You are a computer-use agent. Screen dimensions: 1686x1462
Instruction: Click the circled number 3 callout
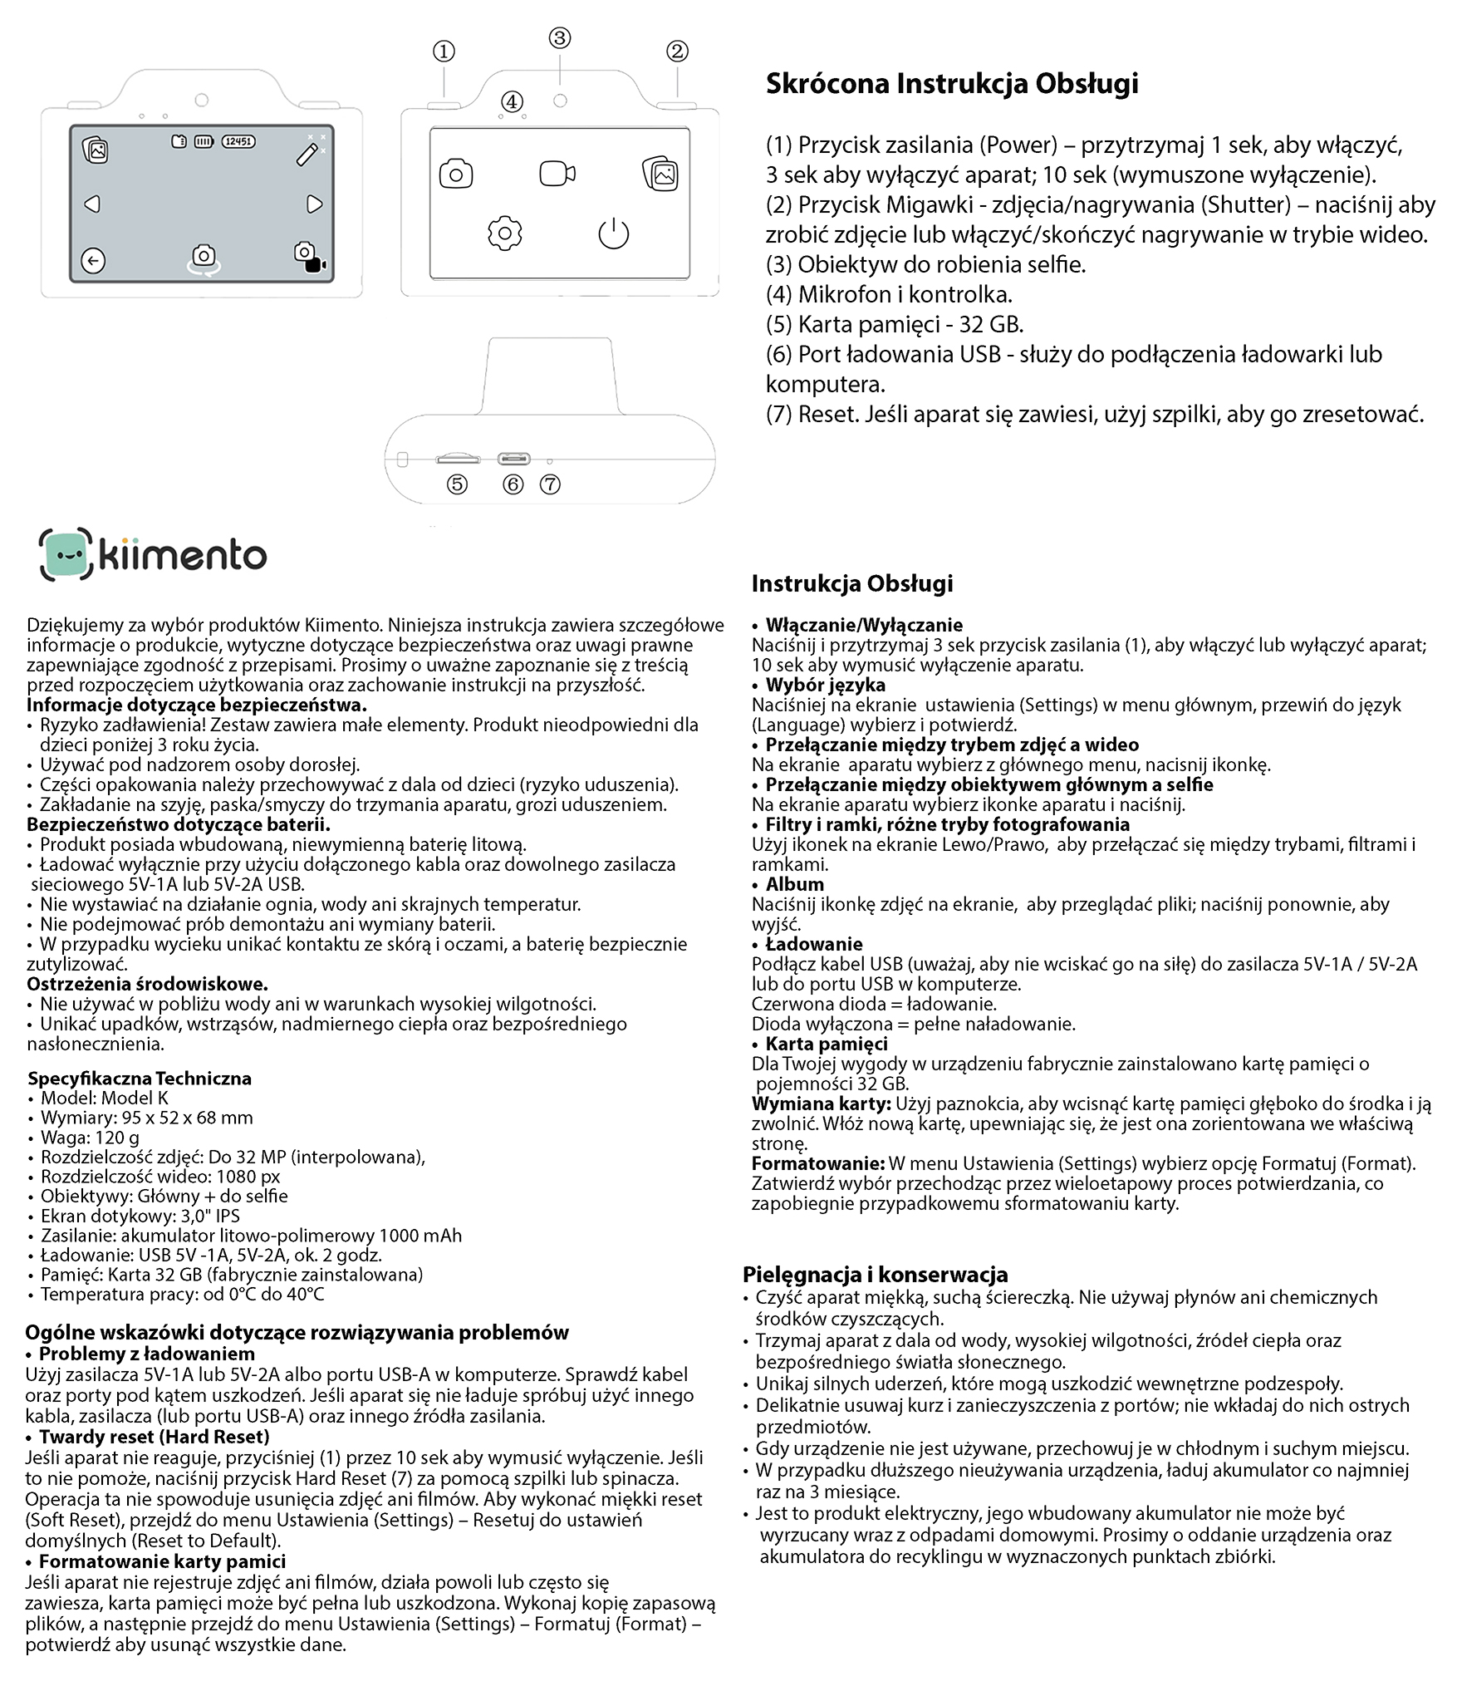(x=560, y=38)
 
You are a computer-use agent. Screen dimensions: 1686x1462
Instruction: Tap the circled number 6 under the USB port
(x=513, y=484)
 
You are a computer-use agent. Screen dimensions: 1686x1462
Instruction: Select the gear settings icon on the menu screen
(x=504, y=233)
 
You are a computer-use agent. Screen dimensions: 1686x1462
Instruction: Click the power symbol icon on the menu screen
(x=614, y=233)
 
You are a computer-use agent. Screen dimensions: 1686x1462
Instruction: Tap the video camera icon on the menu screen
(x=557, y=174)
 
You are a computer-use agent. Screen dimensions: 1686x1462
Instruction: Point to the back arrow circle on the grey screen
(x=93, y=261)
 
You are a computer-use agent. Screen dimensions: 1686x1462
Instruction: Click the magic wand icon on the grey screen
(x=308, y=154)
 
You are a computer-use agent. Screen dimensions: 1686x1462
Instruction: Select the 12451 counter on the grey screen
(x=238, y=142)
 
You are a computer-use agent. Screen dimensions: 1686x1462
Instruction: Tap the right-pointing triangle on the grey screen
(x=314, y=204)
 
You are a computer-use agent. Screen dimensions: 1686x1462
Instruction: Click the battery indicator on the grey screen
(x=204, y=142)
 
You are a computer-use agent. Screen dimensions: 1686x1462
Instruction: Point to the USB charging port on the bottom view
(x=513, y=459)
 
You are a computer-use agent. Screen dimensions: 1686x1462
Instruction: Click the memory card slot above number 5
(x=458, y=459)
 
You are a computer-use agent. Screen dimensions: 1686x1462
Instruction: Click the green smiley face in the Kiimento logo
(x=66, y=554)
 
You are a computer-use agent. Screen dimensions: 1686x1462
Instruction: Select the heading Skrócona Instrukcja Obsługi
(x=952, y=84)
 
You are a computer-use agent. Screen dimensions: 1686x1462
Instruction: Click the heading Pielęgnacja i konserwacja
(x=876, y=1274)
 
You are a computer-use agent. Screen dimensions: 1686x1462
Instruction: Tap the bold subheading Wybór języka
(x=825, y=685)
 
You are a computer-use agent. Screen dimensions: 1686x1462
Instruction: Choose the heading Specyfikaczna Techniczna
(x=140, y=1079)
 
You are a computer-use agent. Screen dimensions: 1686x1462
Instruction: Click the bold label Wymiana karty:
(x=821, y=1104)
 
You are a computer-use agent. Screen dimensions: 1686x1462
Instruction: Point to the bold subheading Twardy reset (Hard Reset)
(x=155, y=1437)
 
